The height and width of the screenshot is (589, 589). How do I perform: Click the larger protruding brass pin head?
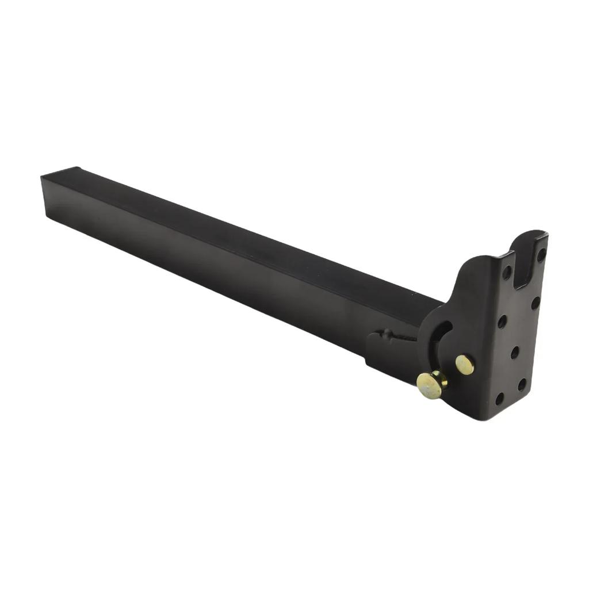coord(429,385)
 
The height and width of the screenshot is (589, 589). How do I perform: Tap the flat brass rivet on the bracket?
coord(465,365)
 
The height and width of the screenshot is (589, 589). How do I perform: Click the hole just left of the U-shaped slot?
coord(507,272)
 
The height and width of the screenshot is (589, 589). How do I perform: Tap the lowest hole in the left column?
coord(500,397)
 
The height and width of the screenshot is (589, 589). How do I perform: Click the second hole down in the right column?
coord(535,302)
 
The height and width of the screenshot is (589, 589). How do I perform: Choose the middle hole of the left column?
coord(502,322)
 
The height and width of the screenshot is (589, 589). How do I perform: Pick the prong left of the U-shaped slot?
coord(510,259)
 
